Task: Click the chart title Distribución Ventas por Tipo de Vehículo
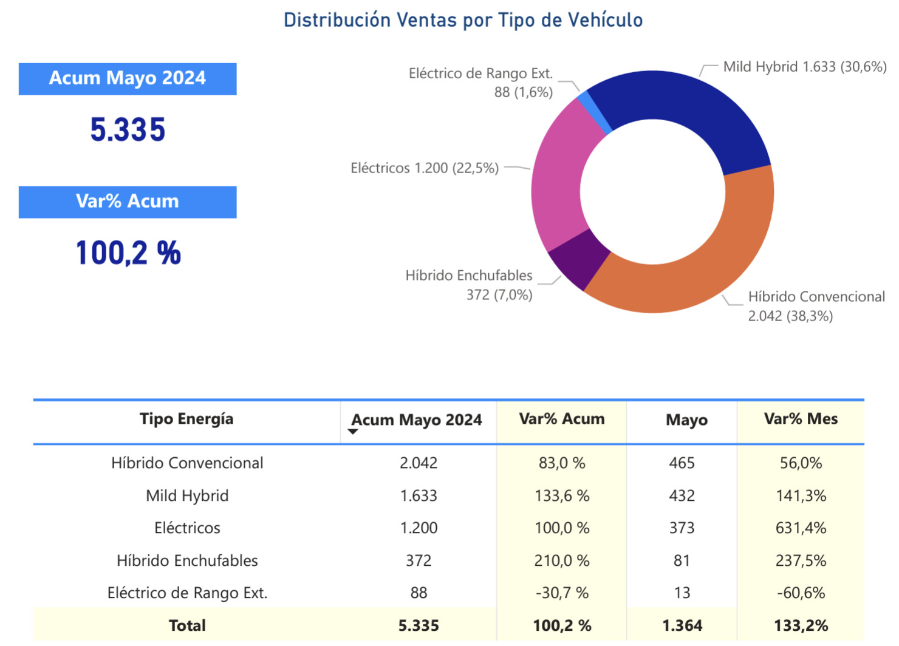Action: tap(463, 20)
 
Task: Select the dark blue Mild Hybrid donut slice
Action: tap(686, 103)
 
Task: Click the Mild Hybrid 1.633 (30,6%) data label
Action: tap(804, 67)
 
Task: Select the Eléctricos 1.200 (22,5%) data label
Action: tap(425, 168)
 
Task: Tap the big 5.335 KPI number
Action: tap(128, 130)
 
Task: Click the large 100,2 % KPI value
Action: tap(128, 253)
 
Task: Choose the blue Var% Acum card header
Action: tap(128, 202)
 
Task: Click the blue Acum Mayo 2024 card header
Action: tap(128, 78)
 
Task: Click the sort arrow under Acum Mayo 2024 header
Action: tap(353, 432)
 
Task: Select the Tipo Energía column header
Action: tap(186, 419)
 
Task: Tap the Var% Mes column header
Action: tap(801, 419)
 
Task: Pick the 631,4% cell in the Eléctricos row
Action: tap(801, 528)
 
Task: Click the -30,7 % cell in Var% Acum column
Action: tap(562, 593)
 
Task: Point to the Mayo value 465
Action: tap(682, 463)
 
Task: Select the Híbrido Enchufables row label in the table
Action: tap(187, 561)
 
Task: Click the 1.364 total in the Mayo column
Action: tap(682, 626)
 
